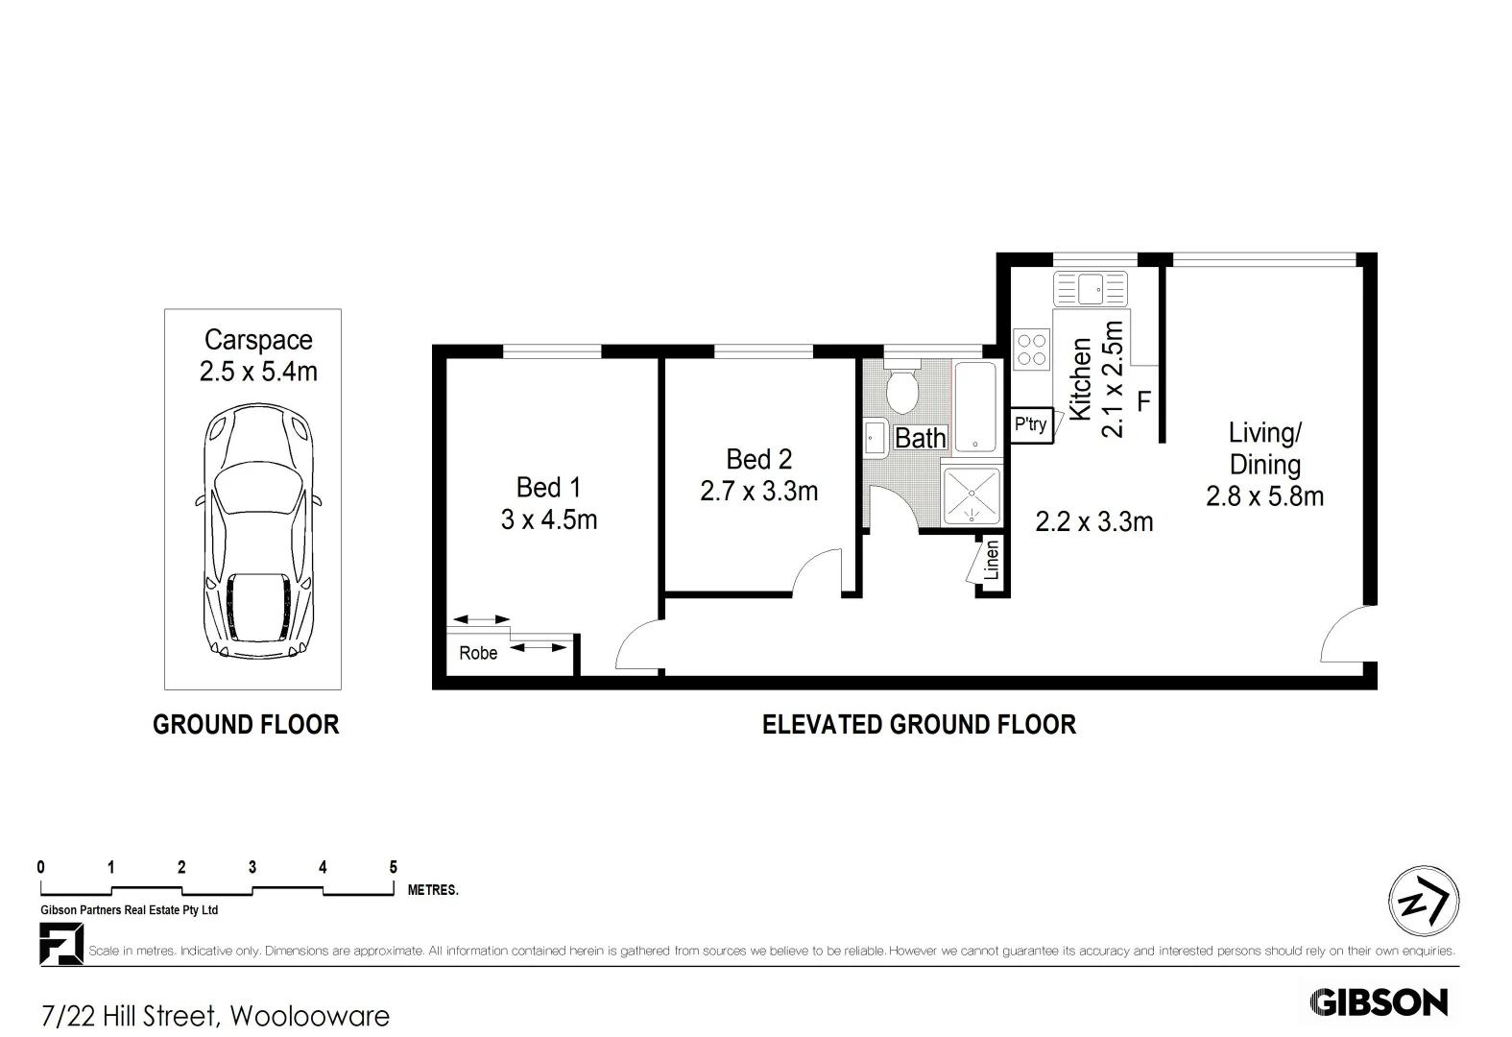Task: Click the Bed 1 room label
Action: point(548,487)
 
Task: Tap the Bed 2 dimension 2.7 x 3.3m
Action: point(758,492)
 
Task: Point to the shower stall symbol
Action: point(972,496)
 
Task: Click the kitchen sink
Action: point(1090,288)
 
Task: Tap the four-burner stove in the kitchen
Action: point(1032,349)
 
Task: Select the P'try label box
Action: point(1031,424)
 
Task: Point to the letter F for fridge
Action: point(1143,400)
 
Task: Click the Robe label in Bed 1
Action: point(478,653)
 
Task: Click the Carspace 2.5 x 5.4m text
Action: point(258,355)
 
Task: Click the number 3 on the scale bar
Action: point(252,867)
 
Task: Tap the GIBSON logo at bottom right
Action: point(1379,1002)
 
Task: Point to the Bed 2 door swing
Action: point(817,573)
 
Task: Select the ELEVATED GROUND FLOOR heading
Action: point(919,724)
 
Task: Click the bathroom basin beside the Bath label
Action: point(875,438)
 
